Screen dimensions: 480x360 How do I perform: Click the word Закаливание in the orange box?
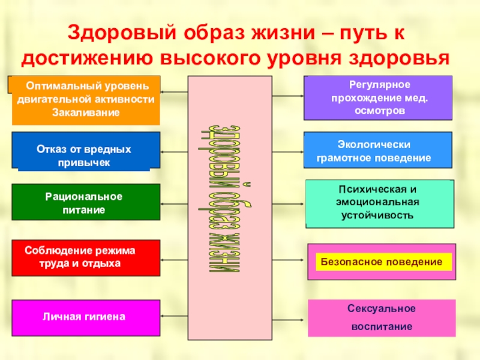86,112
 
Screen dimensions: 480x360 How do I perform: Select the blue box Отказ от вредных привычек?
86,150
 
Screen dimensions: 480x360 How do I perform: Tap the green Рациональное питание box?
86,203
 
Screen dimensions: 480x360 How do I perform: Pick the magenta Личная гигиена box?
86,316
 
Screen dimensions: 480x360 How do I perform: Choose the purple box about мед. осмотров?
378,98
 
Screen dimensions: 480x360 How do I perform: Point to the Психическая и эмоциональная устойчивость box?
379,203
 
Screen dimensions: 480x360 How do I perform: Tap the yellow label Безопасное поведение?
381,262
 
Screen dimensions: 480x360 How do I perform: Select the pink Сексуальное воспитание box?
379,317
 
